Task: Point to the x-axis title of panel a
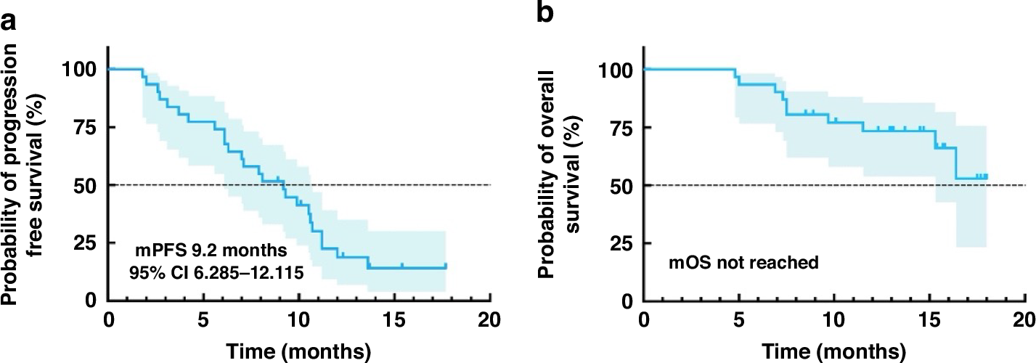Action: [299, 351]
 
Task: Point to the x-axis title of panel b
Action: [833, 351]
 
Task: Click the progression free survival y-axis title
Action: [29, 174]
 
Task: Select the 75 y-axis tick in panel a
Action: [89, 127]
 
